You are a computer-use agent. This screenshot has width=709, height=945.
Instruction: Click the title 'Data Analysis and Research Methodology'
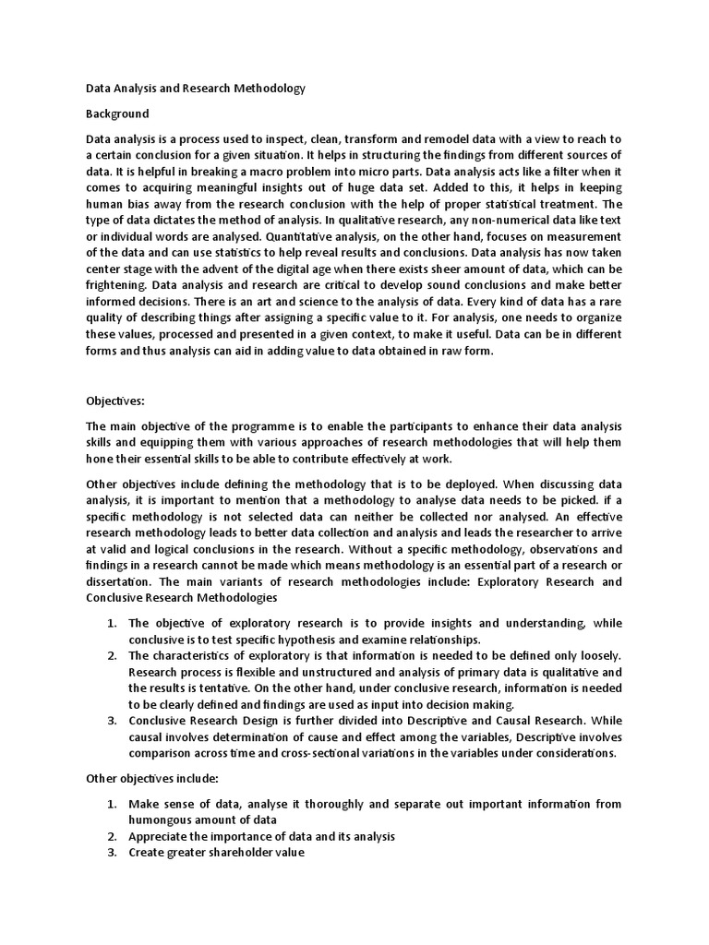tap(195, 89)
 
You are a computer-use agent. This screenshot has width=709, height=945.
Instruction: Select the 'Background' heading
tap(117, 114)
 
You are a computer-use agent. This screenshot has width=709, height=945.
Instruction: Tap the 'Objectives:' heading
tap(117, 401)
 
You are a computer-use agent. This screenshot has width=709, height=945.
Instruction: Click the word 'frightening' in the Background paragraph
tap(117, 285)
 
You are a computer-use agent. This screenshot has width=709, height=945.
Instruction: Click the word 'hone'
tap(100, 460)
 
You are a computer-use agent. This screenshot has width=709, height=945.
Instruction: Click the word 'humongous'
tap(163, 819)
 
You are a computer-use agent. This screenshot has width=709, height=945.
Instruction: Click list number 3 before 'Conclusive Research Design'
tap(110, 721)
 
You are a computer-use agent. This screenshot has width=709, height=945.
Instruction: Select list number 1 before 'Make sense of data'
tap(110, 804)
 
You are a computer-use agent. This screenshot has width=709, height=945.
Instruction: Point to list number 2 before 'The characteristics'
tap(110, 656)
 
